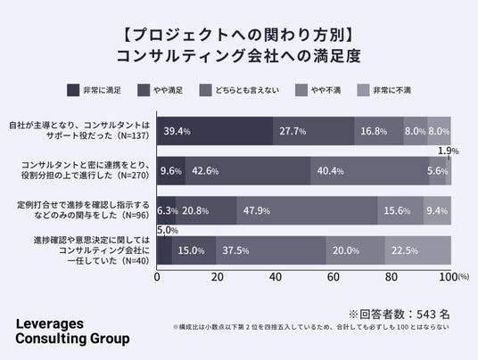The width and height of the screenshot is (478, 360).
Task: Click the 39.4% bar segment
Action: point(215,131)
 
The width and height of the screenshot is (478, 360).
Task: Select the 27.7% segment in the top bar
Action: point(314,131)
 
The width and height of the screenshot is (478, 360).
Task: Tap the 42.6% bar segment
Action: point(248,171)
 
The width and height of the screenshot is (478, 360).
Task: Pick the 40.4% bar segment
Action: point(370,171)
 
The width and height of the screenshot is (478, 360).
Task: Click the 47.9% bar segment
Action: point(307,210)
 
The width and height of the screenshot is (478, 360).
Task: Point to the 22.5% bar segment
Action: point(418,250)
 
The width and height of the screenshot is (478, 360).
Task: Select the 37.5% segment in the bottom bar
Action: point(271,250)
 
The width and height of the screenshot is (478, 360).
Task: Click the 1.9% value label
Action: point(448,151)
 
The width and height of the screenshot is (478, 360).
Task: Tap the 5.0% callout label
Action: point(168,230)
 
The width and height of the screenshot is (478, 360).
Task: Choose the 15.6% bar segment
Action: point(400,210)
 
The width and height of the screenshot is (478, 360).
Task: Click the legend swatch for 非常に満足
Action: point(73,90)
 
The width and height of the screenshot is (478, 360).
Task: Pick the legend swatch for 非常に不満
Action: point(363,90)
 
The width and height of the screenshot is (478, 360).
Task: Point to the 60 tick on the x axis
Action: point(334,277)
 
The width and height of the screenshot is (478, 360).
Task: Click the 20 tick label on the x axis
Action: point(218,277)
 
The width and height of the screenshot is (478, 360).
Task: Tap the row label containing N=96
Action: point(83,209)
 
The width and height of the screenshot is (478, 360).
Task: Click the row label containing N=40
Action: point(92,250)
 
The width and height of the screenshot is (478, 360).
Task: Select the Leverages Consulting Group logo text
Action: point(72,331)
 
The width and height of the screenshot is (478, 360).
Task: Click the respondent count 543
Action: point(426,315)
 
